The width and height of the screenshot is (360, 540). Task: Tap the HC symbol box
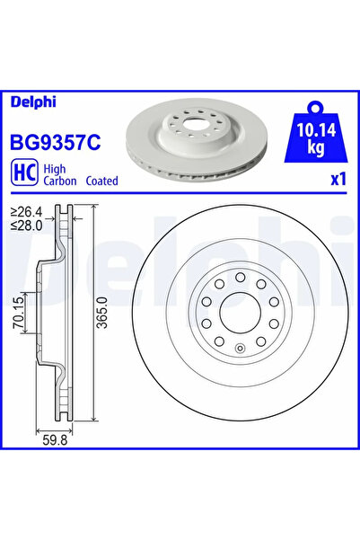[x=23, y=173]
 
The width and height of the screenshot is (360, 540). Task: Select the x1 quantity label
[x=338, y=179]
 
